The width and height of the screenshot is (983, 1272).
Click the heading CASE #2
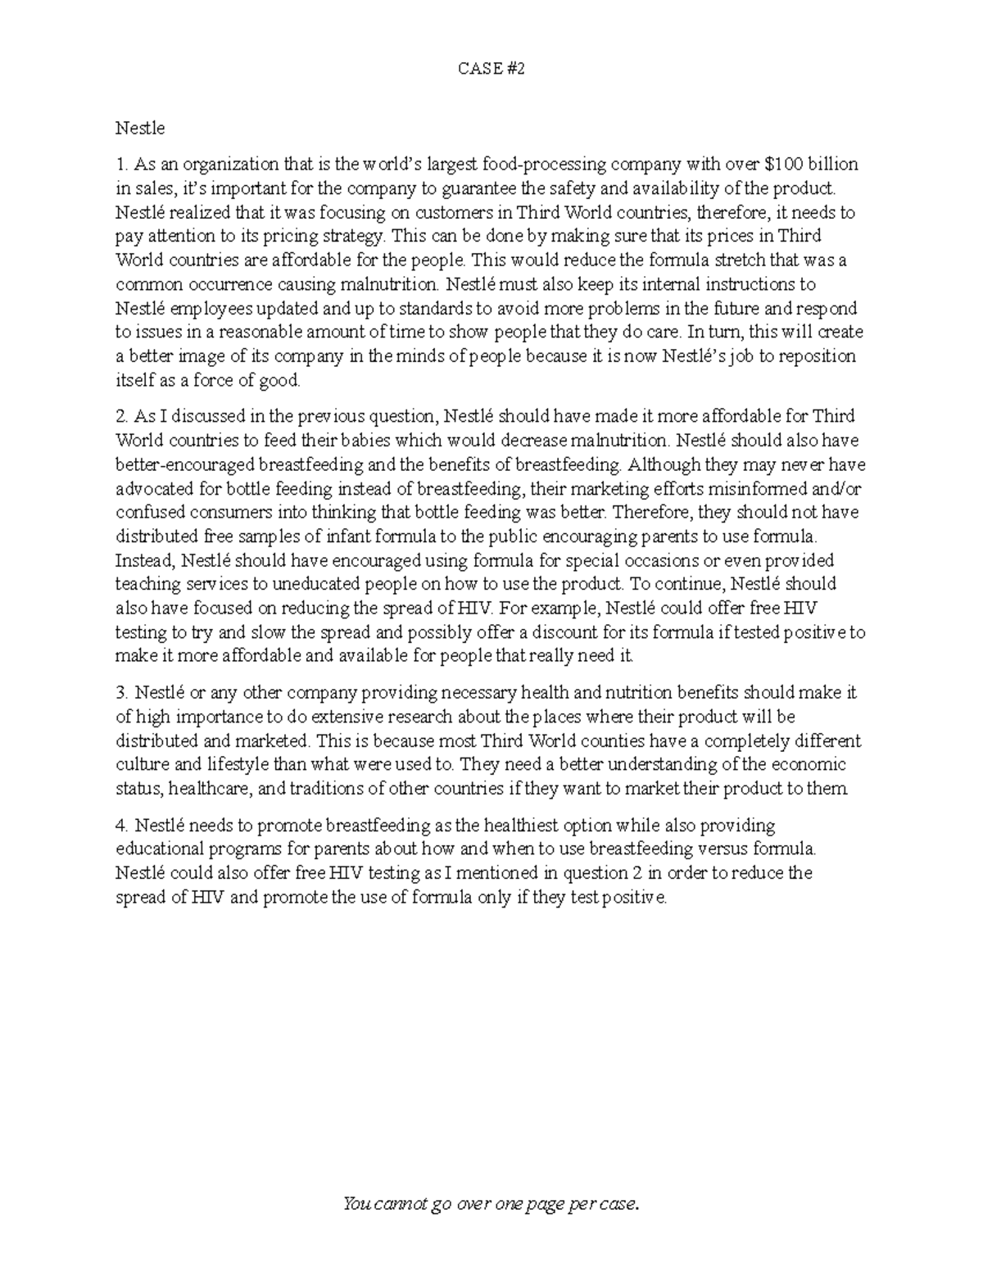[x=491, y=69]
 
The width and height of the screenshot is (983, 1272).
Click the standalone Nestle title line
[x=140, y=129]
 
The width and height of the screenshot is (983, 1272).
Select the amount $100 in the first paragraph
[x=783, y=165]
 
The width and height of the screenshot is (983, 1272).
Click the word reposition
[x=815, y=356]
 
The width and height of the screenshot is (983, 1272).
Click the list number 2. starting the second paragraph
[x=121, y=417]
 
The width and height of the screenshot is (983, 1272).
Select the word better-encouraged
[x=185, y=464]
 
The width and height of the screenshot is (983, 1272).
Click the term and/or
[x=835, y=489]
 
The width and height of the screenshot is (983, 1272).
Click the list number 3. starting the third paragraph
[x=121, y=694]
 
